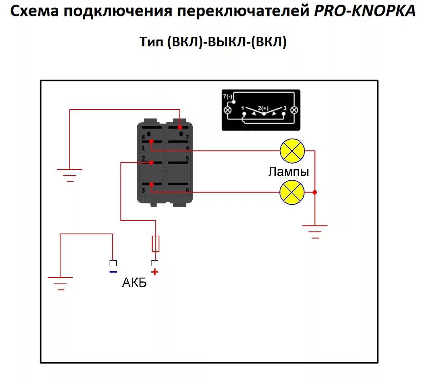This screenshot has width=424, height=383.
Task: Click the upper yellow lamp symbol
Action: tap(292, 150)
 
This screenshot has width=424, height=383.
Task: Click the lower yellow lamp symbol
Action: tap(292, 192)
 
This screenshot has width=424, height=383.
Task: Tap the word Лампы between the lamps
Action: tap(289, 172)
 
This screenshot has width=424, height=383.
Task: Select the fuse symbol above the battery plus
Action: tap(155, 244)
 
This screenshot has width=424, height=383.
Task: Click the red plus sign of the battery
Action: tap(155, 272)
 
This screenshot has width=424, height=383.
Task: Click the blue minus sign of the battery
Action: tap(113, 272)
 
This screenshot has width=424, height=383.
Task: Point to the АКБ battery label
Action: tap(135, 283)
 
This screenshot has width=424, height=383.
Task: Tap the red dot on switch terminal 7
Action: tap(180, 128)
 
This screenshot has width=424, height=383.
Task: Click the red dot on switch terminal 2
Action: tap(152, 163)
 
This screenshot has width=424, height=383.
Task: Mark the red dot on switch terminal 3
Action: tap(152, 184)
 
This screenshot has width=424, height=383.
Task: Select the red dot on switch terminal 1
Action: tap(152, 141)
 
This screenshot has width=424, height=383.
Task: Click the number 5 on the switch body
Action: tap(187, 159)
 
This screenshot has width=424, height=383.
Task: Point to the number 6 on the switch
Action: tap(187, 190)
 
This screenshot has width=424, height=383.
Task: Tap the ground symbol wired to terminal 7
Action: tap(70, 174)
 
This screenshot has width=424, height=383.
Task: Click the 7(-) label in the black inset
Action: tap(228, 97)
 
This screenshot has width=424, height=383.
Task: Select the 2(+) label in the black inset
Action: tap(263, 108)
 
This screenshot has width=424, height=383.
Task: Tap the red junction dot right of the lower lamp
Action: tap(315, 192)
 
